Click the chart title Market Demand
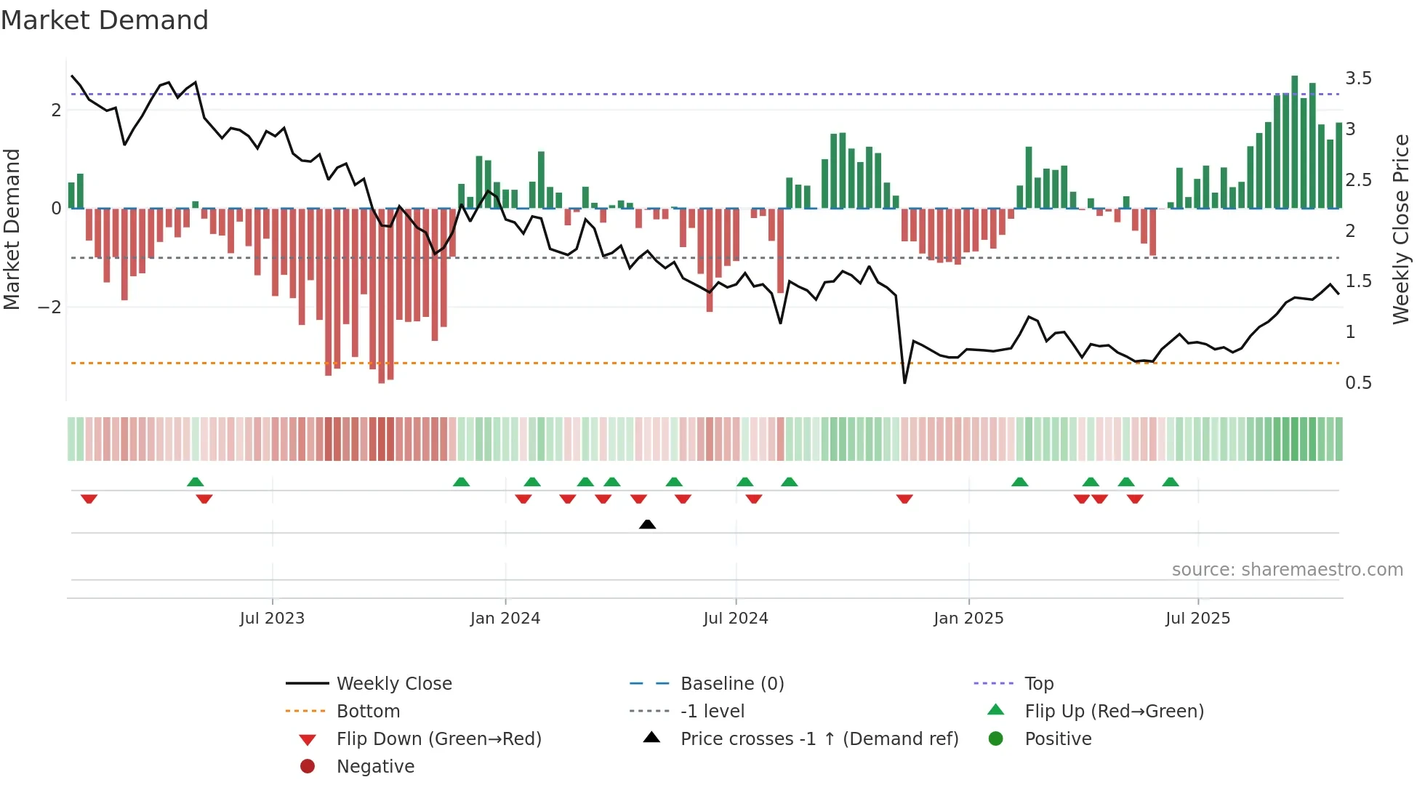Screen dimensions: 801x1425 click(x=105, y=20)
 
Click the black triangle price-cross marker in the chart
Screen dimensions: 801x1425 click(x=647, y=524)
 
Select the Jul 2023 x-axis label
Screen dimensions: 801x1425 click(x=272, y=619)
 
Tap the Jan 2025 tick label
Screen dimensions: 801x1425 click(x=968, y=619)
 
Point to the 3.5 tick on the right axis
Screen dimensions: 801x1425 click(x=1358, y=79)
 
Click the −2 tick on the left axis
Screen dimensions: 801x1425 click(x=50, y=307)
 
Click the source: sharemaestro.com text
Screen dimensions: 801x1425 click(x=1287, y=570)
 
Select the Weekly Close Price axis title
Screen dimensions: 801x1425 click(x=1401, y=229)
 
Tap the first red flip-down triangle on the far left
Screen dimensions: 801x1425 click(x=89, y=499)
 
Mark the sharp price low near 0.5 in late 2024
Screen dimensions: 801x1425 click(x=904, y=382)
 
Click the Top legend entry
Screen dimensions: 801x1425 click(x=1038, y=684)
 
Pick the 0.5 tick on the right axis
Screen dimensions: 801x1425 click(x=1358, y=383)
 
